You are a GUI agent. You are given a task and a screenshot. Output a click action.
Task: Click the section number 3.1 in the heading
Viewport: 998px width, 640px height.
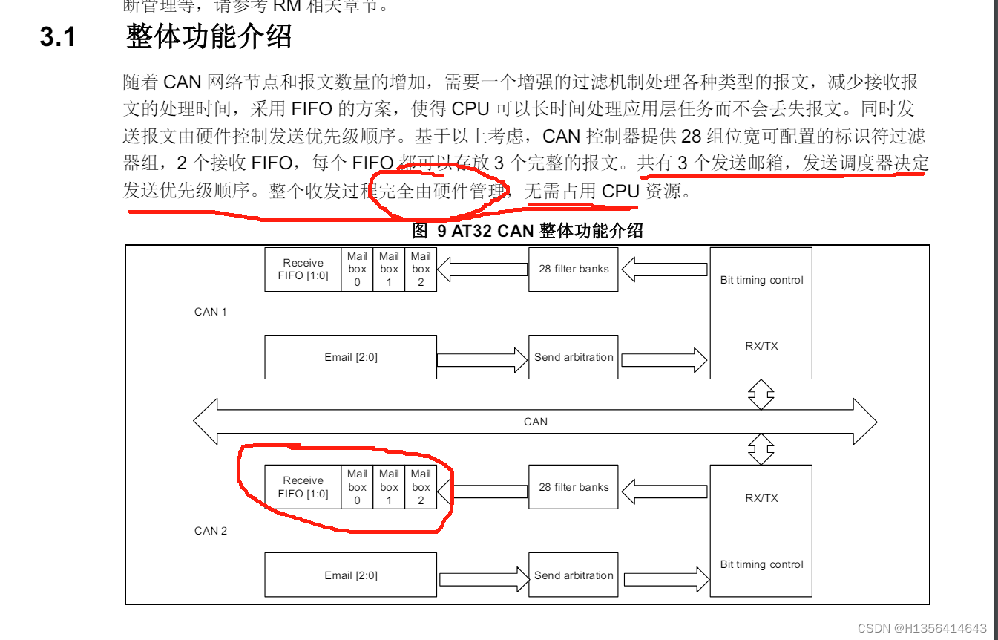click(58, 36)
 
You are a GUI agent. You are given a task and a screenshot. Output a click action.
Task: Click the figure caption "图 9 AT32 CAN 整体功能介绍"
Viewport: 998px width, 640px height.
click(527, 231)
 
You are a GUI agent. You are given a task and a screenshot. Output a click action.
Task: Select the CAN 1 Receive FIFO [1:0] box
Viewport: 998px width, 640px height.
click(303, 269)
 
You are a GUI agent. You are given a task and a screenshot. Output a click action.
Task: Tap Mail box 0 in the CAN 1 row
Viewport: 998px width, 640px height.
click(357, 269)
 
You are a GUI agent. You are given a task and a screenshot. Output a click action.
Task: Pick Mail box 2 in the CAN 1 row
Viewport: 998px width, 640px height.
click(421, 269)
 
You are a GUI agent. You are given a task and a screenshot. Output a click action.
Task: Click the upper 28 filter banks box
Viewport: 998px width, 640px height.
click(573, 269)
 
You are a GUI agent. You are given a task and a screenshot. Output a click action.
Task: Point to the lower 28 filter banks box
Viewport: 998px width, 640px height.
click(573, 487)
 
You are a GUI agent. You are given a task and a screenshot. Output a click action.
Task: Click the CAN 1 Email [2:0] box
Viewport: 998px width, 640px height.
click(350, 357)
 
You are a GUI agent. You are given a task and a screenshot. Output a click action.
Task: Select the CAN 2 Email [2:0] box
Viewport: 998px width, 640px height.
click(350, 575)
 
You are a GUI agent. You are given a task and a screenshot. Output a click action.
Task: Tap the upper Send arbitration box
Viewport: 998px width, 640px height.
click(573, 357)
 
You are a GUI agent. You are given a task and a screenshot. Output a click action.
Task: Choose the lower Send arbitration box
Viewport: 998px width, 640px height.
click(573, 575)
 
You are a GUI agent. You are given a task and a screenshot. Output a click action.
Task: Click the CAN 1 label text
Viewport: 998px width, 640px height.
click(210, 312)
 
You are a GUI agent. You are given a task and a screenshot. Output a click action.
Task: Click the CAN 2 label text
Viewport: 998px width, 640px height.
click(210, 531)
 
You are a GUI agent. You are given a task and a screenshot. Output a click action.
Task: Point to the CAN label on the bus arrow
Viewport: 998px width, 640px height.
click(535, 422)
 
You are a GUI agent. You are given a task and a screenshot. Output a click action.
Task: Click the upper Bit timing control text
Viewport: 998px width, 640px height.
click(761, 280)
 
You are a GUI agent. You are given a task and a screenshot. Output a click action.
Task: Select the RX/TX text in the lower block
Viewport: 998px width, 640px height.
click(761, 498)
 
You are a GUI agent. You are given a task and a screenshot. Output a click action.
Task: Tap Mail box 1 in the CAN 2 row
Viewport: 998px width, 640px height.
click(389, 487)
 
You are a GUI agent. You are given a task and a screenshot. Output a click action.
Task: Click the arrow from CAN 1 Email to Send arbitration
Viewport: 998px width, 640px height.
click(482, 359)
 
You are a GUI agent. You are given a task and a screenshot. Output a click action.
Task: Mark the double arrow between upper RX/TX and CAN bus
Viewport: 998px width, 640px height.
click(761, 394)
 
